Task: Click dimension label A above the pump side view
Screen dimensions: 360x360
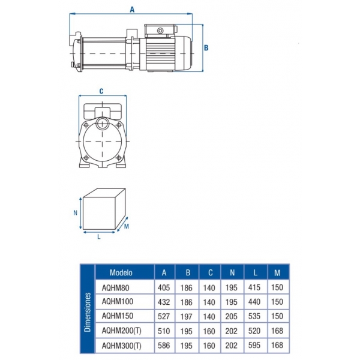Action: (x=132, y=10)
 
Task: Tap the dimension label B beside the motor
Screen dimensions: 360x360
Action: (x=206, y=48)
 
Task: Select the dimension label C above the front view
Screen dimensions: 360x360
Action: (x=101, y=91)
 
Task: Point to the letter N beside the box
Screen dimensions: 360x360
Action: (x=76, y=213)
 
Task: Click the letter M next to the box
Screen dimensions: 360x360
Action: (x=126, y=226)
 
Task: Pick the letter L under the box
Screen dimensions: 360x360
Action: (x=99, y=237)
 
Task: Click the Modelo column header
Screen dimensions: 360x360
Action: (x=121, y=272)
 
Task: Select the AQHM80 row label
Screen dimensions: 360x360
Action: (x=115, y=288)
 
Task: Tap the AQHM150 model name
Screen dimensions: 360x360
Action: (x=118, y=316)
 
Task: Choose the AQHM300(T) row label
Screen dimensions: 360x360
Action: (x=121, y=346)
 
